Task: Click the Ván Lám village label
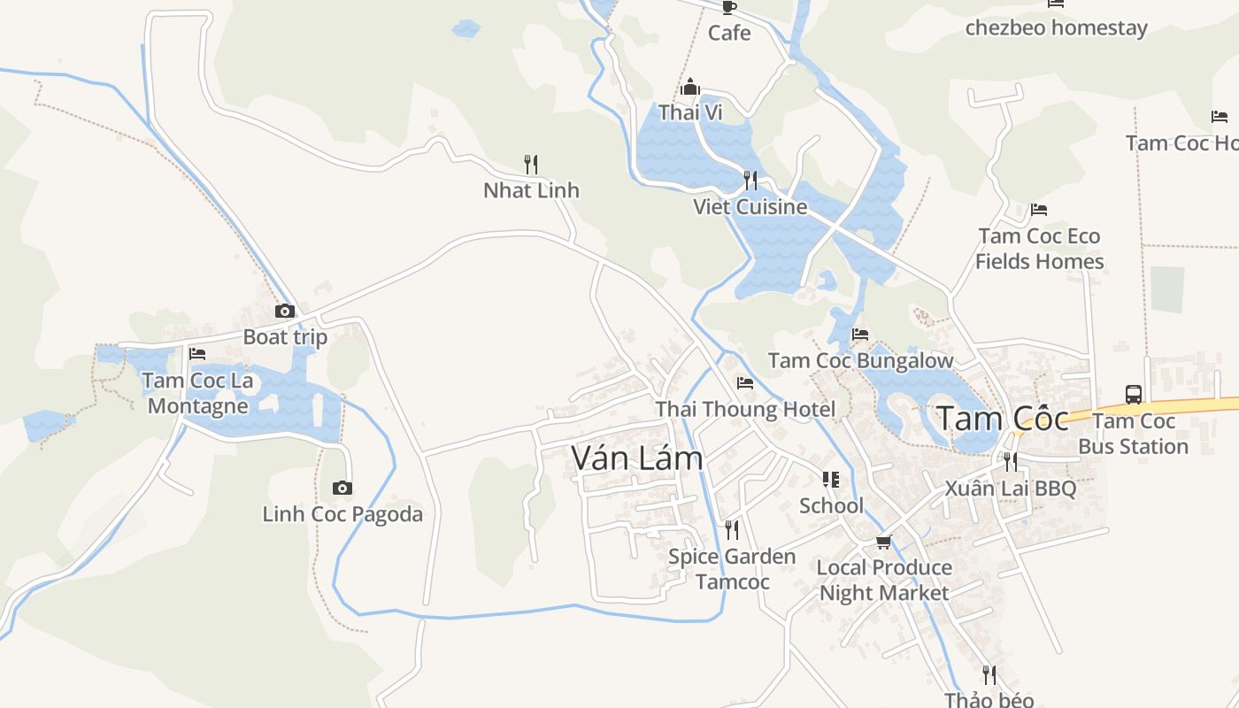[637, 458]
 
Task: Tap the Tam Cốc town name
[1003, 418]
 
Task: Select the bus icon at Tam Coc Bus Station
[1134, 394]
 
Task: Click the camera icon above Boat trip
[285, 311]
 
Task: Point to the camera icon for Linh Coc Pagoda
[342, 488]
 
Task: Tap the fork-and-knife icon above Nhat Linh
[531, 164]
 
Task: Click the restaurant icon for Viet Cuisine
[750, 181]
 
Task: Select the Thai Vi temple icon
[690, 87]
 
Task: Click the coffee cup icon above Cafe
[729, 7]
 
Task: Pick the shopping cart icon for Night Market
[883, 542]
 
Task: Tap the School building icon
[831, 480]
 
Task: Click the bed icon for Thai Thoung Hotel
[745, 383]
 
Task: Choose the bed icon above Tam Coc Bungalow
[860, 335]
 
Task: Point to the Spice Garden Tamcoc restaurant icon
[732, 530]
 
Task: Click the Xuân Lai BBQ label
[1010, 489]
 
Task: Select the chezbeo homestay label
[1056, 27]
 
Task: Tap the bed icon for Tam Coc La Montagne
[197, 353]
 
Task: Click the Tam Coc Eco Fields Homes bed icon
[1039, 210]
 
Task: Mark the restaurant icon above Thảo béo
[989, 675]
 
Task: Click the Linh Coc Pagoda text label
[342, 514]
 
